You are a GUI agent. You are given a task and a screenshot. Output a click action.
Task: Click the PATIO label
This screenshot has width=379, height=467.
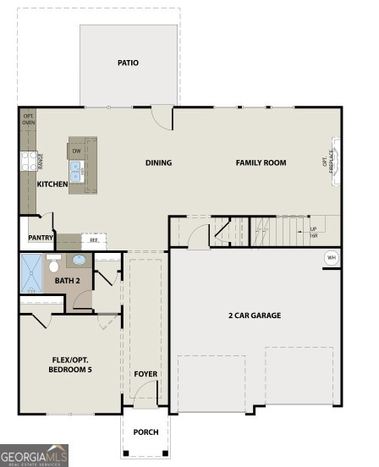129,63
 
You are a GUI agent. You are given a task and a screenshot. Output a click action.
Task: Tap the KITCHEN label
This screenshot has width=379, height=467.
52,184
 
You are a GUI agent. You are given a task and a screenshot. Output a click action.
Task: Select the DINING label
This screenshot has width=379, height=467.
158,163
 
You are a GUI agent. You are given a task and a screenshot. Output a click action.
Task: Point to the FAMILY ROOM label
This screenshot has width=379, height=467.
261,162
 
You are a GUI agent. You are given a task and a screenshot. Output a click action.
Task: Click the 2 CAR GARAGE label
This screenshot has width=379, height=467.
254,316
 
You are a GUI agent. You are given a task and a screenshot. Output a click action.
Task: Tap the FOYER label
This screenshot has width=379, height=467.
146,373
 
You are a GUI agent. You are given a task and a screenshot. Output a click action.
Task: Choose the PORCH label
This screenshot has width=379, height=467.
146,431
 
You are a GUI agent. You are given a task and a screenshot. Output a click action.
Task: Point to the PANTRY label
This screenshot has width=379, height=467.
41,239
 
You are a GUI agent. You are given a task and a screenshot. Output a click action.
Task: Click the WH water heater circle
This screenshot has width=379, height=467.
331,257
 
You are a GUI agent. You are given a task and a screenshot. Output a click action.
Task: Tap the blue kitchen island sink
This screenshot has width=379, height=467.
76,172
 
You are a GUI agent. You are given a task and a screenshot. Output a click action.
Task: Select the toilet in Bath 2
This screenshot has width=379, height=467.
53,265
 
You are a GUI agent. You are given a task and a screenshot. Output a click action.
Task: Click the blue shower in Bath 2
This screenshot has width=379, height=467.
30,273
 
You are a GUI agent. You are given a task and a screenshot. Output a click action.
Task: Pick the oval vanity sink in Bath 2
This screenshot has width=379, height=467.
80,261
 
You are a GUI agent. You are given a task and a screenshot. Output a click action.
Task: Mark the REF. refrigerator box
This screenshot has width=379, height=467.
94,240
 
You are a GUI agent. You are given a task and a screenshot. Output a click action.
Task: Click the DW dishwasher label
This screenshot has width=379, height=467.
76,151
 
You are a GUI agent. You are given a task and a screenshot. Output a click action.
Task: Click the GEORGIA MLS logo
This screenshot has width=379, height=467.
34,455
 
